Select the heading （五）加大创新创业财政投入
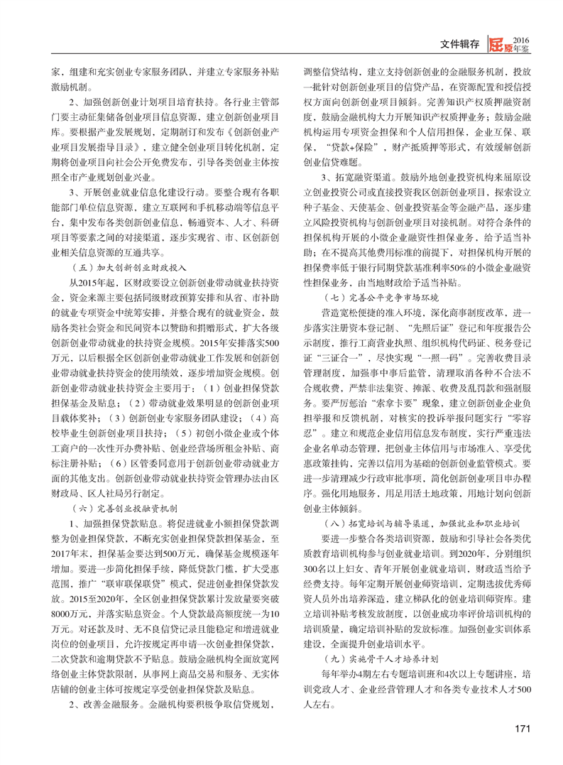click(129, 268)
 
